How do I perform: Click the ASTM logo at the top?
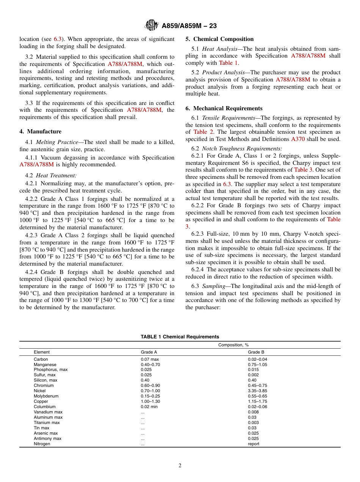[x=152, y=25]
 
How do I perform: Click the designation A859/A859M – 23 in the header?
[x=189, y=26]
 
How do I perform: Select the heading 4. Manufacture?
[x=41, y=131]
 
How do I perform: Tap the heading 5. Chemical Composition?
[x=219, y=39]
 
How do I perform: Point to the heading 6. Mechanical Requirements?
[x=224, y=108]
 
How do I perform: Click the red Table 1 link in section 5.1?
[x=229, y=63]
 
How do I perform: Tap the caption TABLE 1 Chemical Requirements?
[x=180, y=336]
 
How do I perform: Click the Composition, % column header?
[x=233, y=345]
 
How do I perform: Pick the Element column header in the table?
[x=42, y=352]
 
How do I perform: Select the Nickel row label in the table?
[x=40, y=391]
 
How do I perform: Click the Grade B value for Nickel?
[x=257, y=391]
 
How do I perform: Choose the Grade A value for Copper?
[x=150, y=401]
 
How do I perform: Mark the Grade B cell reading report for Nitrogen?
[x=254, y=444]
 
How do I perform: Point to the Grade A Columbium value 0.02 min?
[x=149, y=407]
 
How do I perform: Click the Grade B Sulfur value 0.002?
[x=253, y=375]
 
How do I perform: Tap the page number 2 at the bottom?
[x=180, y=466]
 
